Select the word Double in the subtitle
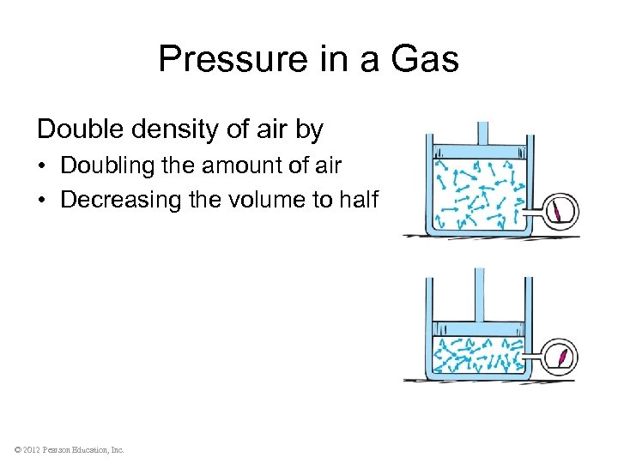pyautogui.click(x=76, y=129)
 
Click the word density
pyautogui.click(x=161, y=130)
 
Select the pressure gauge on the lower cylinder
pyautogui.click(x=560, y=356)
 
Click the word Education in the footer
pyautogui.click(x=92, y=449)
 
